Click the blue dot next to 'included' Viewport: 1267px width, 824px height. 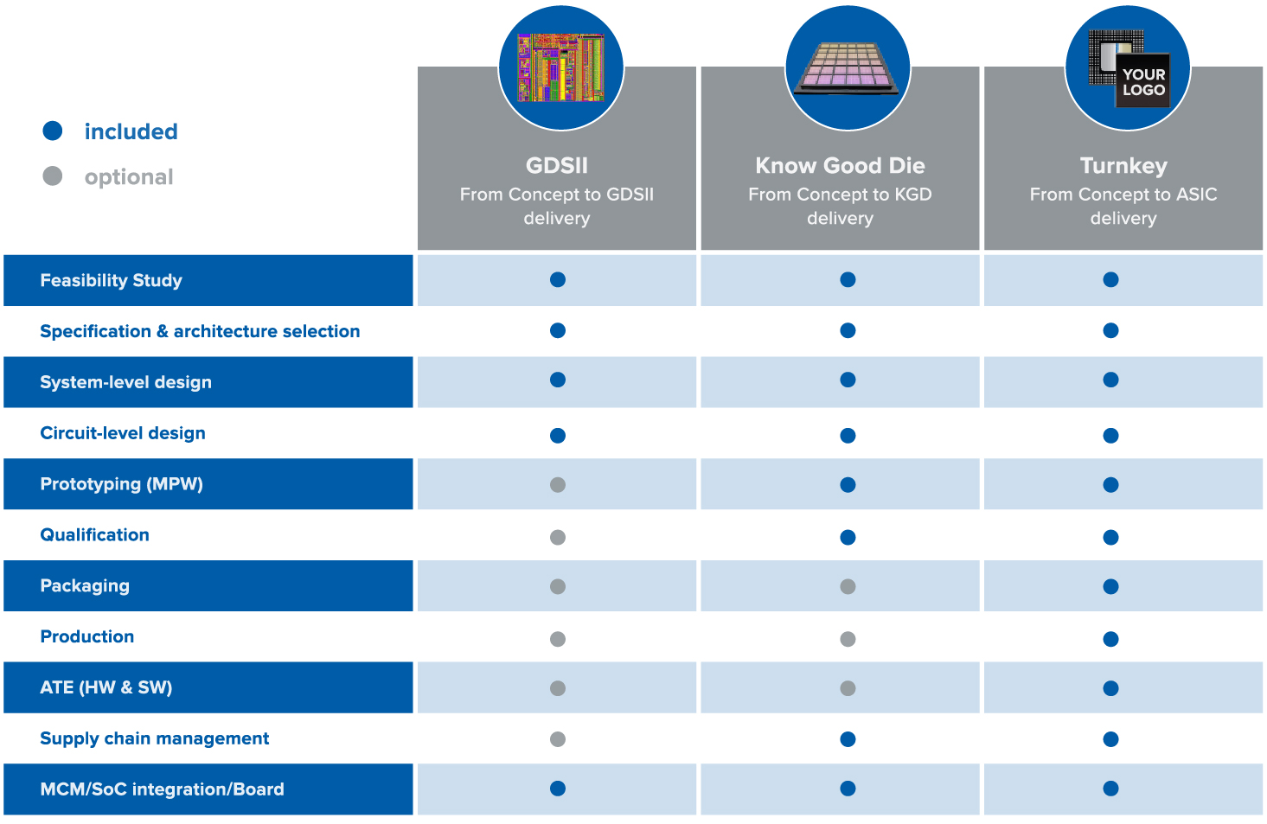53,131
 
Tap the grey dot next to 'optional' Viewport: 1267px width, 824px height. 53,176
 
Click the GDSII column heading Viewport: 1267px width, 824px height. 557,166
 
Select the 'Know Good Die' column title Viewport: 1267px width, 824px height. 840,166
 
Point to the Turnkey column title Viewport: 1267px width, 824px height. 1123,166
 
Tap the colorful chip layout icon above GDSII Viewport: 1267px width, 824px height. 561,67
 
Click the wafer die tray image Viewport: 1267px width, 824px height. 847,68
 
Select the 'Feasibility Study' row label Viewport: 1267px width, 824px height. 111,280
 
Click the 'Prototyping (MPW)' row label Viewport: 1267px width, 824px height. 122,484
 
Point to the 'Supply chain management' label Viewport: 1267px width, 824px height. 155,738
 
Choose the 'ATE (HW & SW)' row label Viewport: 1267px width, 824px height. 106,687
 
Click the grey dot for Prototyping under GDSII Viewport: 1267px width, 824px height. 558,485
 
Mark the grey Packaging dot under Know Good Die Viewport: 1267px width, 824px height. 848,586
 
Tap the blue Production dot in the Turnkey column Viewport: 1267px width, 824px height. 1110,639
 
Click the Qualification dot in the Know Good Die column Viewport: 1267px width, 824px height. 848,537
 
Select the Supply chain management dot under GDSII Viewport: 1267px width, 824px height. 558,739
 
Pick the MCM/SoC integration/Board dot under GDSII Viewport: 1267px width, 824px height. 558,789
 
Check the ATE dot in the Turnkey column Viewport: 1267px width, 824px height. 1110,688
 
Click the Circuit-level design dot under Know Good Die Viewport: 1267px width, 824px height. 848,436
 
